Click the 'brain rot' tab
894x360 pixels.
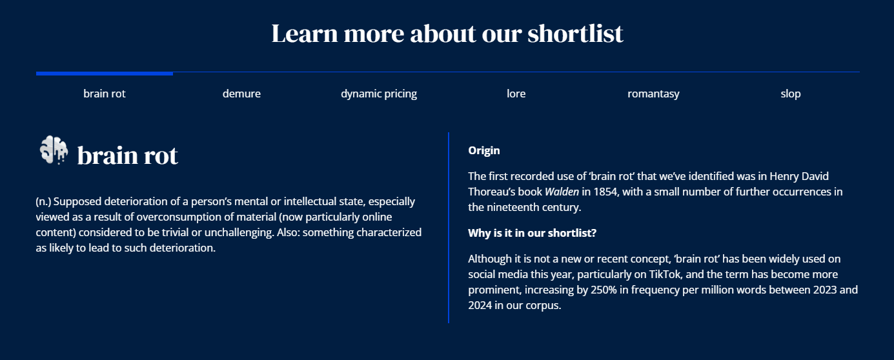tap(104, 94)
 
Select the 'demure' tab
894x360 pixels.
tap(241, 94)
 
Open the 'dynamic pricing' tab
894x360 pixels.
tap(379, 94)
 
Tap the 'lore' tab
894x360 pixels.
tap(516, 94)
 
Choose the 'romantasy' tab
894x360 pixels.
tap(653, 94)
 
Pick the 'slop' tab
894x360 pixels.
tap(791, 94)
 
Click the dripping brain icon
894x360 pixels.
tap(54, 150)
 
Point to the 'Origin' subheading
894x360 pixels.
tap(483, 150)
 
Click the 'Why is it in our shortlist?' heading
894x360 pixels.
tap(532, 233)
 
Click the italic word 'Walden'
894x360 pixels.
tap(562, 192)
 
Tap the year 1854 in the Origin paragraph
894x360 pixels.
tap(605, 192)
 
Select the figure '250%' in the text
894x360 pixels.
tap(604, 290)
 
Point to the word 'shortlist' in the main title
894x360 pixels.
tap(575, 33)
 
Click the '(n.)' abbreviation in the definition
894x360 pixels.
tap(43, 201)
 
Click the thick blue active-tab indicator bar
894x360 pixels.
tap(105, 74)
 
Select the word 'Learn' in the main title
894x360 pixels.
tap(305, 33)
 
